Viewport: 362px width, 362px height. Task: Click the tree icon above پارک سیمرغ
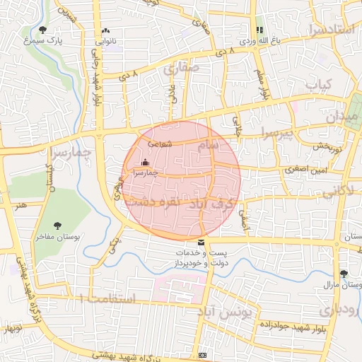(x=44, y=29)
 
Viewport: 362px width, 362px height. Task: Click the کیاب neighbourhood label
(x=317, y=84)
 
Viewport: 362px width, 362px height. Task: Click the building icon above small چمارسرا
(x=146, y=162)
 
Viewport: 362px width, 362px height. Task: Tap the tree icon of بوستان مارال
(x=344, y=274)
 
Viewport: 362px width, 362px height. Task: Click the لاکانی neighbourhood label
(x=329, y=191)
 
